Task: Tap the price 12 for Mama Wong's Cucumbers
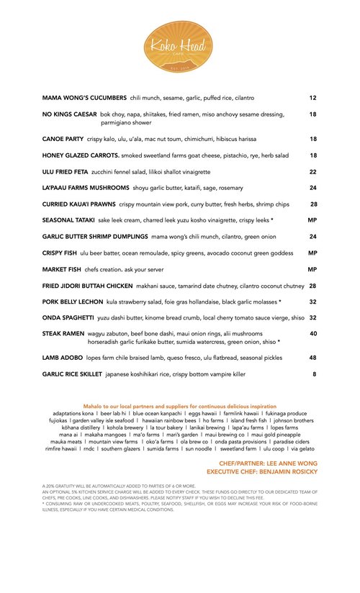pos(313,97)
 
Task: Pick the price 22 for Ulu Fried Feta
pos(313,172)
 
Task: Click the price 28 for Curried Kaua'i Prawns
pos(313,204)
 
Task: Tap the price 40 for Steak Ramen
pos(313,334)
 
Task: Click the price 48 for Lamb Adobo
pos(313,358)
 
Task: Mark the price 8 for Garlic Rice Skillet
pos(315,374)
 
